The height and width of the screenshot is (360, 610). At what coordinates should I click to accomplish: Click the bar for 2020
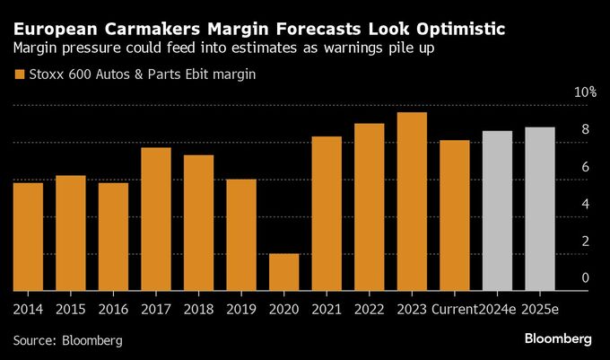tap(284, 272)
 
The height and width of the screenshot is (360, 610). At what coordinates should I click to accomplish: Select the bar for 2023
tap(412, 201)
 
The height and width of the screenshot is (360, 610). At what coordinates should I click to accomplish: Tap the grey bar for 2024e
tap(497, 211)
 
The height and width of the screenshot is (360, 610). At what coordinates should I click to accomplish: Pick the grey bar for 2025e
tap(540, 209)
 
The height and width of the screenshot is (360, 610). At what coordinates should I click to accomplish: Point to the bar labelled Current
tap(455, 215)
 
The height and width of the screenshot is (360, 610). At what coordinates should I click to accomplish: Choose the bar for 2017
tap(156, 219)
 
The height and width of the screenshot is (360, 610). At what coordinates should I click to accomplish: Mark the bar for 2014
tap(28, 236)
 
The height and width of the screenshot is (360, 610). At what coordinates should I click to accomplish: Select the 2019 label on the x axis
tap(242, 308)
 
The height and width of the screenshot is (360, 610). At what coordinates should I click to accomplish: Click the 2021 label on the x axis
tap(327, 308)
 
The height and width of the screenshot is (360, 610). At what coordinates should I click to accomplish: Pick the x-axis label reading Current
tap(455, 308)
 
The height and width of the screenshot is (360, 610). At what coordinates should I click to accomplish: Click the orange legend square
tap(19, 75)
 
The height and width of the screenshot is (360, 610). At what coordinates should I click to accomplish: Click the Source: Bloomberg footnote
tap(67, 341)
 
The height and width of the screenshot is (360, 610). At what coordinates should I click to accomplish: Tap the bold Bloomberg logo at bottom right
tap(557, 339)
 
